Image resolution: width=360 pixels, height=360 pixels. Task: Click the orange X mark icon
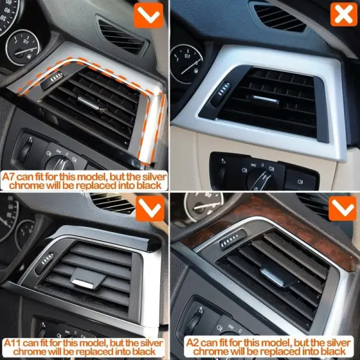pyautogui.click(x=344, y=14)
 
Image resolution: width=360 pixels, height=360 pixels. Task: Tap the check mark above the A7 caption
pyautogui.click(x=149, y=16)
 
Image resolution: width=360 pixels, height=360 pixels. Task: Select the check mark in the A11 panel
pyautogui.click(x=150, y=208)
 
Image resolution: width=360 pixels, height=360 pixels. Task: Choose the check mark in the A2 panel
pyautogui.click(x=343, y=208)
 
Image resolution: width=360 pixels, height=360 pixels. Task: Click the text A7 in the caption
pyautogui.click(x=8, y=177)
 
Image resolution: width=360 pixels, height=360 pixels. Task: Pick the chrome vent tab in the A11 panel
pyautogui.click(x=83, y=284)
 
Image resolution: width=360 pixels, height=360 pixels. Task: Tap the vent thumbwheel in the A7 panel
pyautogui.click(x=52, y=80)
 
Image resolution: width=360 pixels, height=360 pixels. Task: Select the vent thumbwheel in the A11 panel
pyautogui.click(x=44, y=263)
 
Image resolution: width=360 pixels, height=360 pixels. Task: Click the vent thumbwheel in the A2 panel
pyautogui.click(x=232, y=240)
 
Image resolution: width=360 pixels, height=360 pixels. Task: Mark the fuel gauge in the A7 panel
pyautogui.click(x=23, y=47)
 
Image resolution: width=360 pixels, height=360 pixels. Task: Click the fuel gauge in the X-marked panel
pyautogui.click(x=187, y=64)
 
